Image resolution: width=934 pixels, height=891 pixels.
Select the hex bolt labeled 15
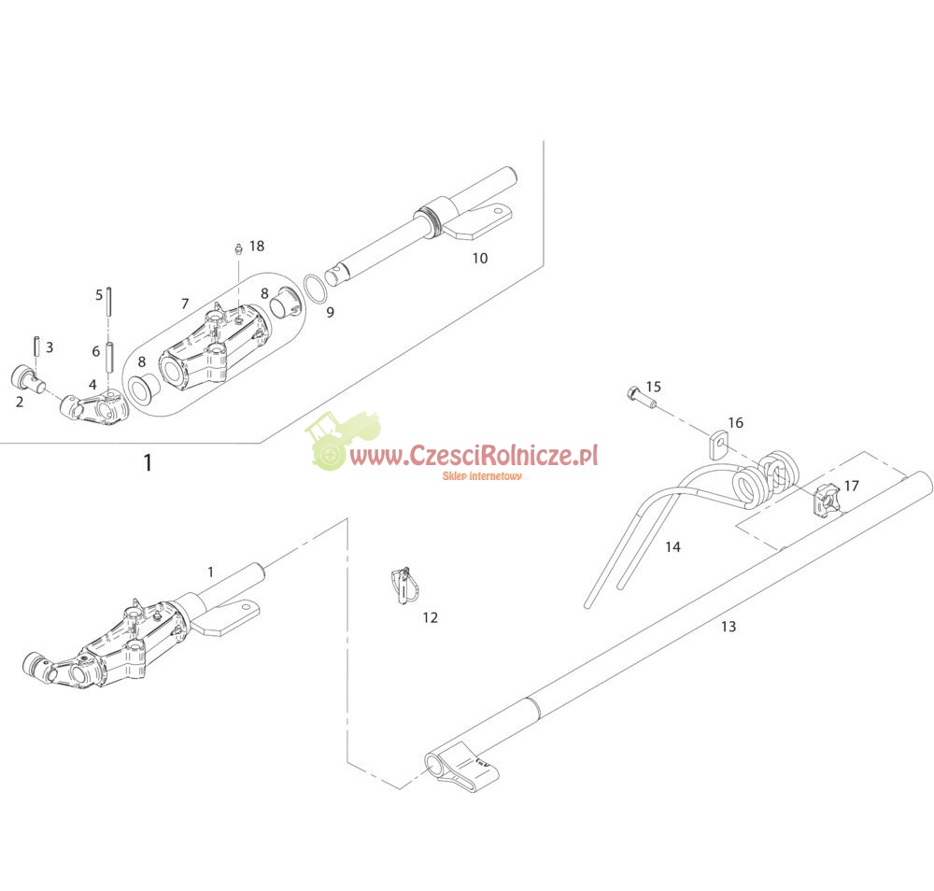pyautogui.click(x=641, y=398)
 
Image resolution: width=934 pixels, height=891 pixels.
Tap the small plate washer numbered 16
pyautogui.click(x=719, y=445)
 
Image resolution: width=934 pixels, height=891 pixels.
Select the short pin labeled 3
pyautogui.click(x=36, y=346)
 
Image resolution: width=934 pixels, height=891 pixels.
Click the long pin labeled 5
pyautogui.click(x=110, y=302)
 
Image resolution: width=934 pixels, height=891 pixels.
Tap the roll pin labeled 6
pyautogui.click(x=110, y=356)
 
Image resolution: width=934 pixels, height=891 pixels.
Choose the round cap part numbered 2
pyautogui.click(x=27, y=380)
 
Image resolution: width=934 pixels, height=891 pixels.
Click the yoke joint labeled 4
pyautogui.click(x=94, y=407)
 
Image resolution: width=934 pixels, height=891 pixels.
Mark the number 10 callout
pyautogui.click(x=479, y=258)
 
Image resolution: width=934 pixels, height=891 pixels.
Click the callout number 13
pyautogui.click(x=729, y=627)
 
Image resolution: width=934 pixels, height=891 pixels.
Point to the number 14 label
pyautogui.click(x=672, y=546)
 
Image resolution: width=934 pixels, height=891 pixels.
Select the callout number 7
pyautogui.click(x=185, y=304)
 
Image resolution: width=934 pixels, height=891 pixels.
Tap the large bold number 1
pyautogui.click(x=148, y=462)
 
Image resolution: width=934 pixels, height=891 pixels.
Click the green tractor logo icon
pyautogui.click(x=342, y=440)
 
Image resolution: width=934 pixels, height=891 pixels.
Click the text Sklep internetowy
pyautogui.click(x=482, y=475)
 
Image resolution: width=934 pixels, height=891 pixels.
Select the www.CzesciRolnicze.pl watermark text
pyautogui.click(x=474, y=456)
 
